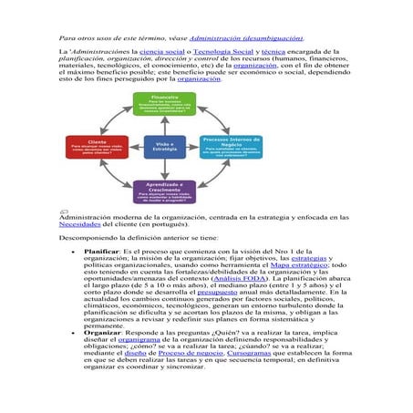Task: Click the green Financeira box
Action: [x=165, y=103]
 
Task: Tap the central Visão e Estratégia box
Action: [x=165, y=147]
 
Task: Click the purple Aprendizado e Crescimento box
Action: [x=165, y=191]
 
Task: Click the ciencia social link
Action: [x=160, y=54]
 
